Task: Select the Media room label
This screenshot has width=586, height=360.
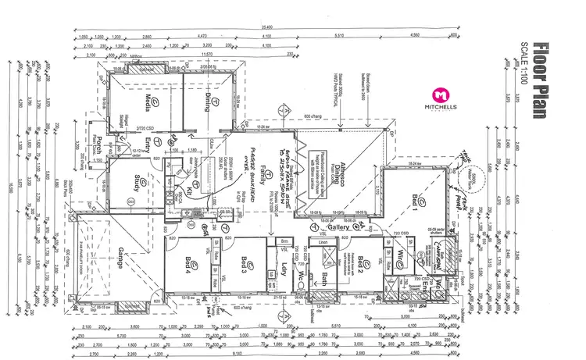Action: [144, 102]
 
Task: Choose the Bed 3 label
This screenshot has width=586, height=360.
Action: [244, 266]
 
